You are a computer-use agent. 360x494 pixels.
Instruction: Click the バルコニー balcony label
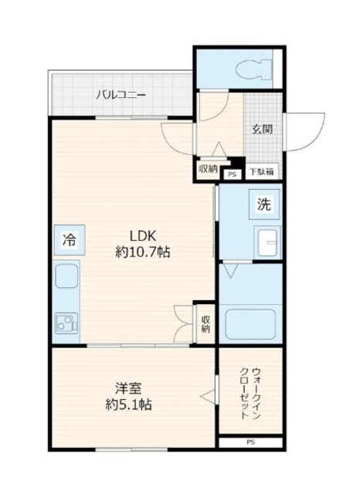[x=121, y=96]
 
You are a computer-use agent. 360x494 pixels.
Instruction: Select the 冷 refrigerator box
[x=67, y=239]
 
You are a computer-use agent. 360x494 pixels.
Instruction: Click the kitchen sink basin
[x=66, y=275]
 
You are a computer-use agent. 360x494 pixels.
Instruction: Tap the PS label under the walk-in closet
[x=250, y=442]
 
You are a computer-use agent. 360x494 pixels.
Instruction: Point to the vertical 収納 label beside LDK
[x=205, y=323]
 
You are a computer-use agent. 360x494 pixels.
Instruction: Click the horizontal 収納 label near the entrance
[x=207, y=169]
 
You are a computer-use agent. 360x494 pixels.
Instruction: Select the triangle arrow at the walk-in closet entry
[x=206, y=396]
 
